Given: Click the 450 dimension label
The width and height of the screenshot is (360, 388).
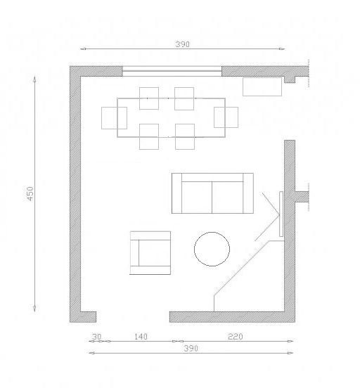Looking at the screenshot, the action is click(30, 194).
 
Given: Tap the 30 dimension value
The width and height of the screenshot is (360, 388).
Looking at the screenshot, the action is click(97, 337).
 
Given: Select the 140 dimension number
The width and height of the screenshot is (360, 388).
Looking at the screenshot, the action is click(141, 337).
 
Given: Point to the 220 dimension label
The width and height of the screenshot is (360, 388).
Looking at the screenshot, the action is click(236, 336).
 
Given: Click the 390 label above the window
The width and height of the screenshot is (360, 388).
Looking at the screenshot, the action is click(183, 44).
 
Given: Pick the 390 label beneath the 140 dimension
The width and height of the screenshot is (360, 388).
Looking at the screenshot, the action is click(191, 349).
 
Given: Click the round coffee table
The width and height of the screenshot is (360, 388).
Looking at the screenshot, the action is click(212, 250).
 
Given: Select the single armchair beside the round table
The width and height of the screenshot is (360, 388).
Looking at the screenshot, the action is click(150, 252).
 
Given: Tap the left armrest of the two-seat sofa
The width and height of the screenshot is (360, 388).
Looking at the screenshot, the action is click(176, 193).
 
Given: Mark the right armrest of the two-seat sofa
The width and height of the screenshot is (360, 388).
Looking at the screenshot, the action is click(248, 193).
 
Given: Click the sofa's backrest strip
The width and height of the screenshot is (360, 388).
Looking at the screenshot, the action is click(212, 177).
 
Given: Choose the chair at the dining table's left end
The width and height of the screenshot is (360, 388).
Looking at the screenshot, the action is click(114, 118).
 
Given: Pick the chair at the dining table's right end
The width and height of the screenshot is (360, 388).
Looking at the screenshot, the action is click(226, 117).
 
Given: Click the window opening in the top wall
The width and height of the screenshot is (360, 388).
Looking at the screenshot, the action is click(172, 71).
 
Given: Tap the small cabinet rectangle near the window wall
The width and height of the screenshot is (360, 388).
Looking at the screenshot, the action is click(262, 87).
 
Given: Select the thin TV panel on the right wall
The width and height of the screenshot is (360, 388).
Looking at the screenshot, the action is click(281, 214).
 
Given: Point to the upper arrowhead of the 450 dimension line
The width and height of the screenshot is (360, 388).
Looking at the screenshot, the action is click(34, 79).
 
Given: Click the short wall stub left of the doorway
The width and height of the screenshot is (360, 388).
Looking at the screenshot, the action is click(88, 317).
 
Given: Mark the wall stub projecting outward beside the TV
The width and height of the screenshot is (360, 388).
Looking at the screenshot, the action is click(302, 197).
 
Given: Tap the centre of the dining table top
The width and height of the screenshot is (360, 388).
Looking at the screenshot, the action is click(171, 117).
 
